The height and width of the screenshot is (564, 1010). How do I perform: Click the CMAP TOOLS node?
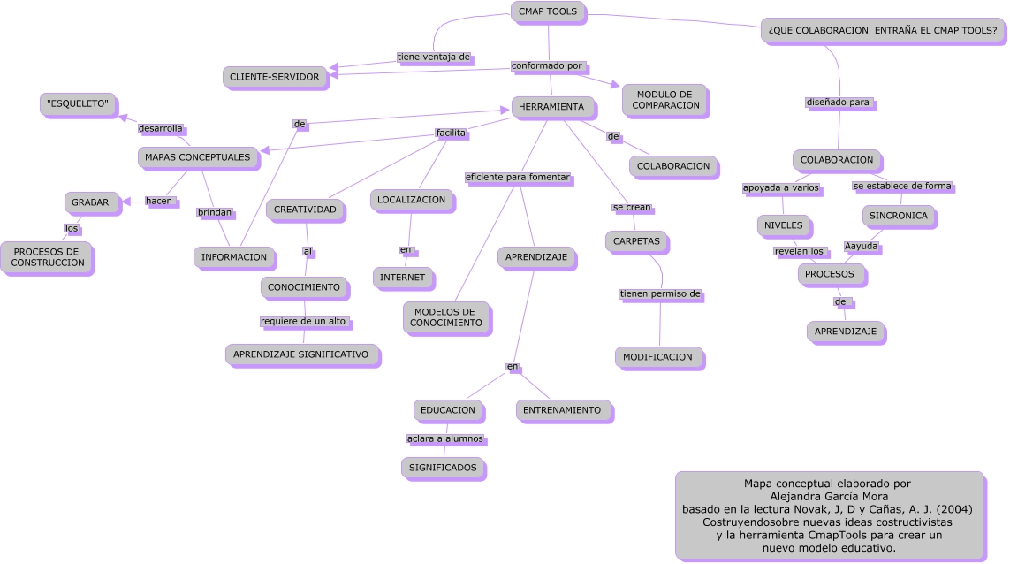point(548,11)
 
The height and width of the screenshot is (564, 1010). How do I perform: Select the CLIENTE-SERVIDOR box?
point(275,77)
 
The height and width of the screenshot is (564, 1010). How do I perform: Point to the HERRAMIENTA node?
point(551,107)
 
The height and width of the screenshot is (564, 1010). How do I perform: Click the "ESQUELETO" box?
point(79,103)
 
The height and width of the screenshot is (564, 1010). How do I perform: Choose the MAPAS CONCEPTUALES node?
point(198,157)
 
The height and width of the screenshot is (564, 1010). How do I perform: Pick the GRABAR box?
point(90,202)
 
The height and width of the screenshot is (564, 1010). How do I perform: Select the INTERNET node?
point(402,278)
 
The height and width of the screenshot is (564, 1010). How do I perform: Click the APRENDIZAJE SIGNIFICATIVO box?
point(300,354)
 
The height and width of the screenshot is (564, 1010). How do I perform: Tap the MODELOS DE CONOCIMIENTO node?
point(446,317)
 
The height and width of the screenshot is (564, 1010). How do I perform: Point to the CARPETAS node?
point(637,240)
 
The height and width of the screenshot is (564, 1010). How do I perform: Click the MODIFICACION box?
point(657,357)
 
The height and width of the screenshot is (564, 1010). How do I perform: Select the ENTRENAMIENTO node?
point(562,410)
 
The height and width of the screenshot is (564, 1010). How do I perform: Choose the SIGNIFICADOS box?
point(444,467)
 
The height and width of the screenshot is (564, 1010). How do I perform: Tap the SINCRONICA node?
point(898,216)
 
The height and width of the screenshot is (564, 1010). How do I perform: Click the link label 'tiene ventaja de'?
point(434,57)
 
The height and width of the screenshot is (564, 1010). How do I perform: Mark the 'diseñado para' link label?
point(839,103)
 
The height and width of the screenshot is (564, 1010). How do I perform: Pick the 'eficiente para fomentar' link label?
point(518,178)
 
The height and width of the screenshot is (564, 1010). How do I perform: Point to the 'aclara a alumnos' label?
point(445,438)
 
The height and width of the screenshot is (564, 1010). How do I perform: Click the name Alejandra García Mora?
point(827,496)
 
